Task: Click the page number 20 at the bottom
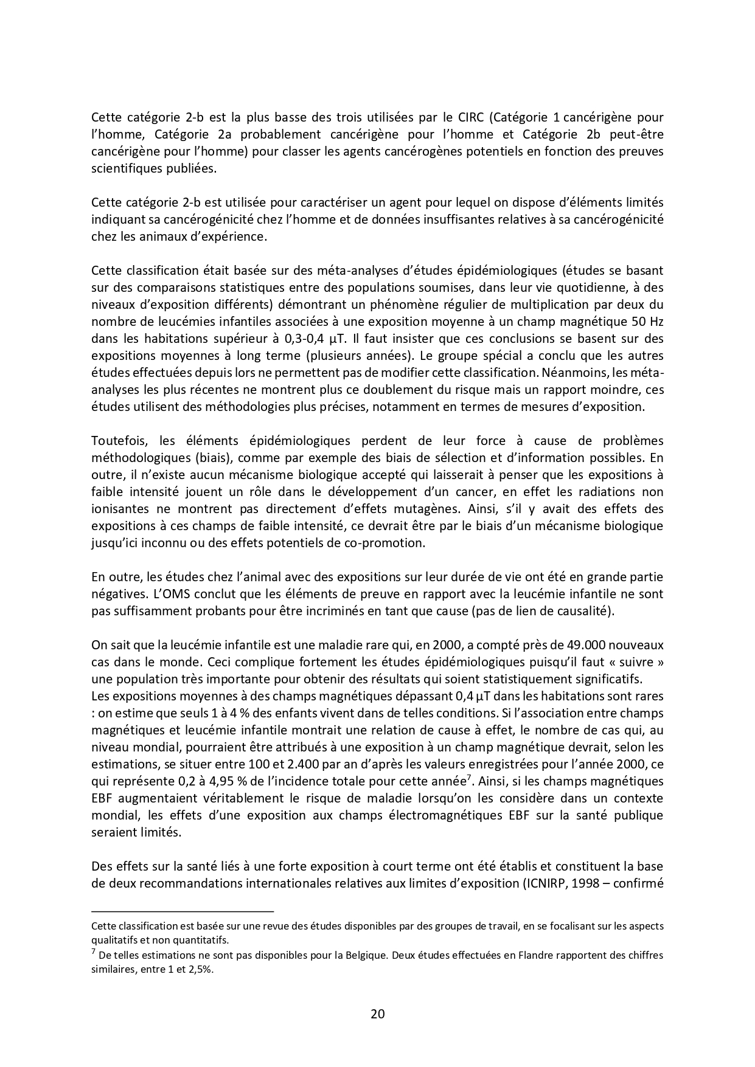tap(377, 1013)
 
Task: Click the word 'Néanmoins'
tap(568, 373)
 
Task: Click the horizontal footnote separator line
tap(183, 911)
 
